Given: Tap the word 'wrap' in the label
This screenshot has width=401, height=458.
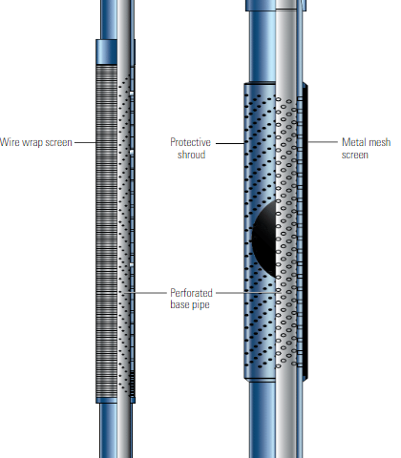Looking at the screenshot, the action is pos(28,142).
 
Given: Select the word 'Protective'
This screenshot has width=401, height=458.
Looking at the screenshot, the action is pos(190,142).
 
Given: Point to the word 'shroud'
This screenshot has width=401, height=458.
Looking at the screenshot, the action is pos(191,155).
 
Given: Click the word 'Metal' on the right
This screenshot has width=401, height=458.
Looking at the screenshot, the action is pos(352,142).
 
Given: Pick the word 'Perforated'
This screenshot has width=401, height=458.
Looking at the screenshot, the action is pos(191,293).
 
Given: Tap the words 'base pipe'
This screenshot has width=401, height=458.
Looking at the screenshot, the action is pos(190,304).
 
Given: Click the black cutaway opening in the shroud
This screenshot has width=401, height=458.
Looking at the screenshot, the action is pos(264,239).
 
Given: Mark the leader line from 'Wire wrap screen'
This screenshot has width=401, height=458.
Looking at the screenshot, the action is pos(85,142).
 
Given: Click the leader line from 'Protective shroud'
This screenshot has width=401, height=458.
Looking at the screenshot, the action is pos(230,143).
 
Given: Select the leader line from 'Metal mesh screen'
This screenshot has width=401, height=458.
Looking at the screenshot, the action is pos(323,142).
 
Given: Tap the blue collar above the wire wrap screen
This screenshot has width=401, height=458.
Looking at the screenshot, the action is pos(107,52).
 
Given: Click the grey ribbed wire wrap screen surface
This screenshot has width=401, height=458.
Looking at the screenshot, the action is pos(107,231).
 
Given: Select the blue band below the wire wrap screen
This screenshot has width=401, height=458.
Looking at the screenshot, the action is pos(107,401).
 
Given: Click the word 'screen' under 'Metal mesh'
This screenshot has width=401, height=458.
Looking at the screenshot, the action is pos(355,155).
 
